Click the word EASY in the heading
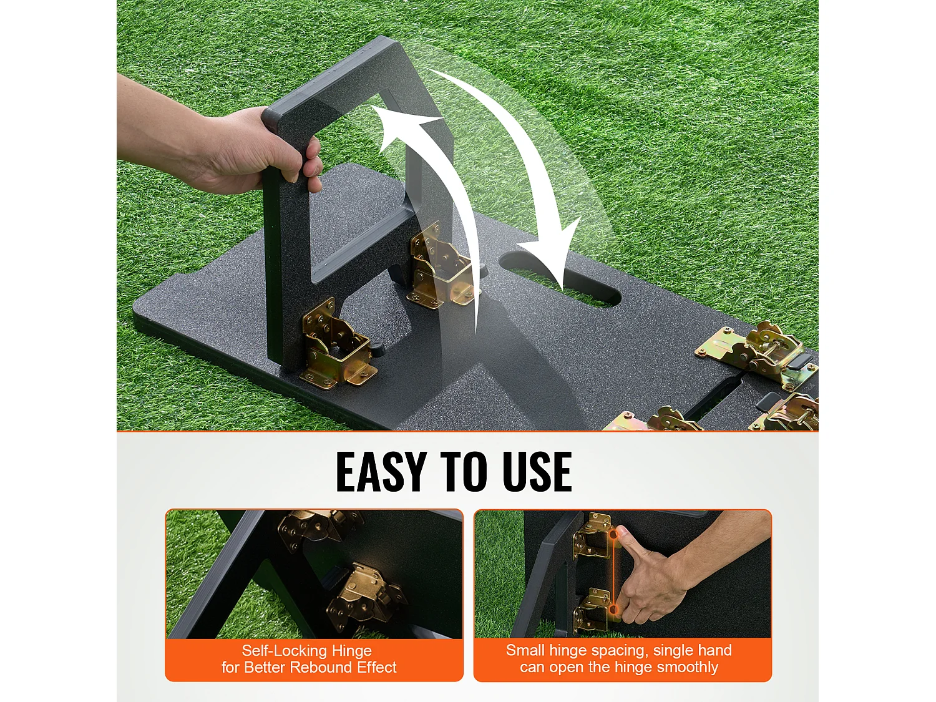[381, 472]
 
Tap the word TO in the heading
[463, 472]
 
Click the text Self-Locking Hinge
[306, 651]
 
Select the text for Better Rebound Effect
[309, 668]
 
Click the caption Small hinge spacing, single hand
[618, 650]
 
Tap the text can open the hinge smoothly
[618, 667]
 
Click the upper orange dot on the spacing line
[613, 535]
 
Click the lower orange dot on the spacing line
[613, 609]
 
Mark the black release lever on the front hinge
[376, 348]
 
